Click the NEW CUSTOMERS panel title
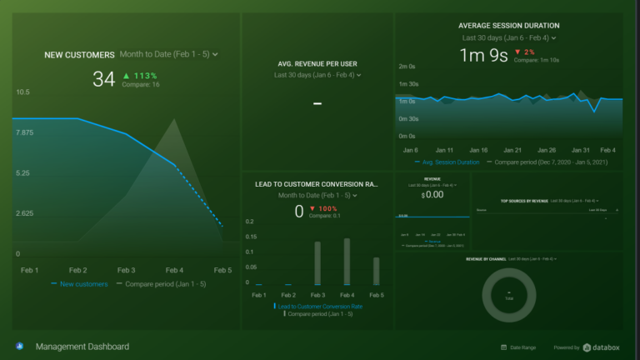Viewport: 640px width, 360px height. point(79,55)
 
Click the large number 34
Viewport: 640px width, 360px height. point(103,79)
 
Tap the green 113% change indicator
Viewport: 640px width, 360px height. point(140,75)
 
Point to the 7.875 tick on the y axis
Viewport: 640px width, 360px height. point(24,132)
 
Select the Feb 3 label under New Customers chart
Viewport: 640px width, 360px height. point(127,270)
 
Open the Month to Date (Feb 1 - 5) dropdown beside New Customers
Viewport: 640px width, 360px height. point(168,54)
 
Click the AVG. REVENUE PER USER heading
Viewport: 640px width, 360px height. point(317,63)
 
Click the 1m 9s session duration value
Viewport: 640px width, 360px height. point(484,56)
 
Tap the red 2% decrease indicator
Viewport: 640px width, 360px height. point(524,52)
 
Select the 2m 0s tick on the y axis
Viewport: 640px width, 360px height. point(407,67)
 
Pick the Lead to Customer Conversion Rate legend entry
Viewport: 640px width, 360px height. point(320,306)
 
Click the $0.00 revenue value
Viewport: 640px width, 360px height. point(432,194)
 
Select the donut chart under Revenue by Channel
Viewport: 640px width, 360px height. point(508,296)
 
